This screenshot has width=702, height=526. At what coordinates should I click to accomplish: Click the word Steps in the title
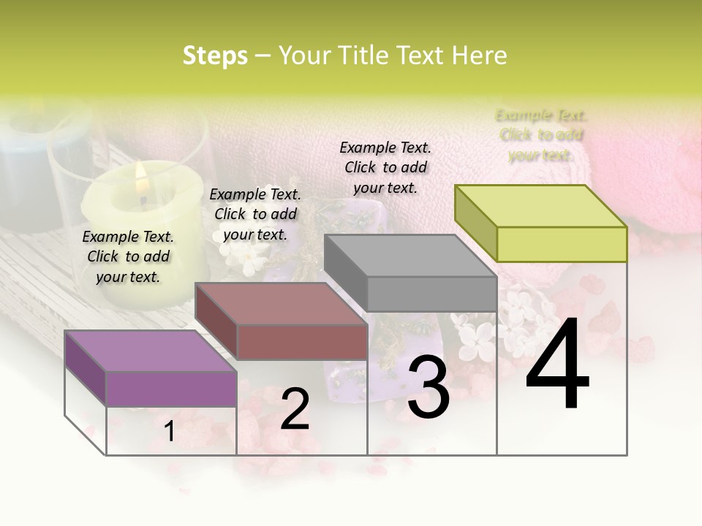click(215, 56)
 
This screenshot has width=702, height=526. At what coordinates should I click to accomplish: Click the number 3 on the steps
click(428, 388)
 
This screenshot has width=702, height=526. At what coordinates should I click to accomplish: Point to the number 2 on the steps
click(295, 408)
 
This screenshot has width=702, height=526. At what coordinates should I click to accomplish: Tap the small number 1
click(170, 432)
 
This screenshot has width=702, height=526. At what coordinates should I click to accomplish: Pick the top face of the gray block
click(410, 256)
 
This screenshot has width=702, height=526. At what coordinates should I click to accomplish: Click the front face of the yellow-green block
click(562, 244)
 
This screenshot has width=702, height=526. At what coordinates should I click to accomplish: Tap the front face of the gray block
click(431, 294)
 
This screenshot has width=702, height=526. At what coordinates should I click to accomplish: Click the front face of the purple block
click(171, 389)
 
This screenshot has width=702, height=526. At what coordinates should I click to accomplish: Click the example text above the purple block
click(128, 256)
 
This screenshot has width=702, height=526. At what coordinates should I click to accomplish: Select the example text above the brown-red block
click(255, 214)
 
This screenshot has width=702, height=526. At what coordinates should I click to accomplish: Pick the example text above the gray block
click(385, 167)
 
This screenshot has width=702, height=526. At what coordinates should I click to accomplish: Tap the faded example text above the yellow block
click(541, 135)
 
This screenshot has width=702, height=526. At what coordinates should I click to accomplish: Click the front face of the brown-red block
click(302, 342)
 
